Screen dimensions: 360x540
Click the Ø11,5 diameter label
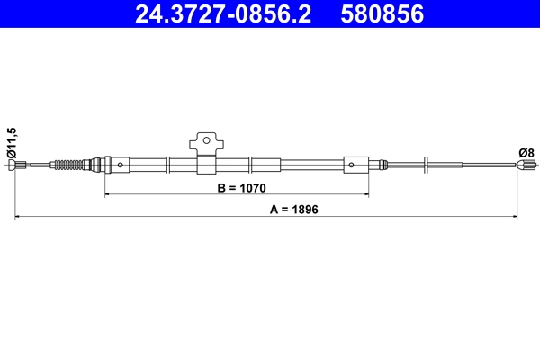pos(12,143)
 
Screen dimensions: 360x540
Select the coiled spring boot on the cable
pos(69,165)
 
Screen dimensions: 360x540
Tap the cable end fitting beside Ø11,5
pos(21,165)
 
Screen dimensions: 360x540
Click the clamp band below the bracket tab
pos(205,165)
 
